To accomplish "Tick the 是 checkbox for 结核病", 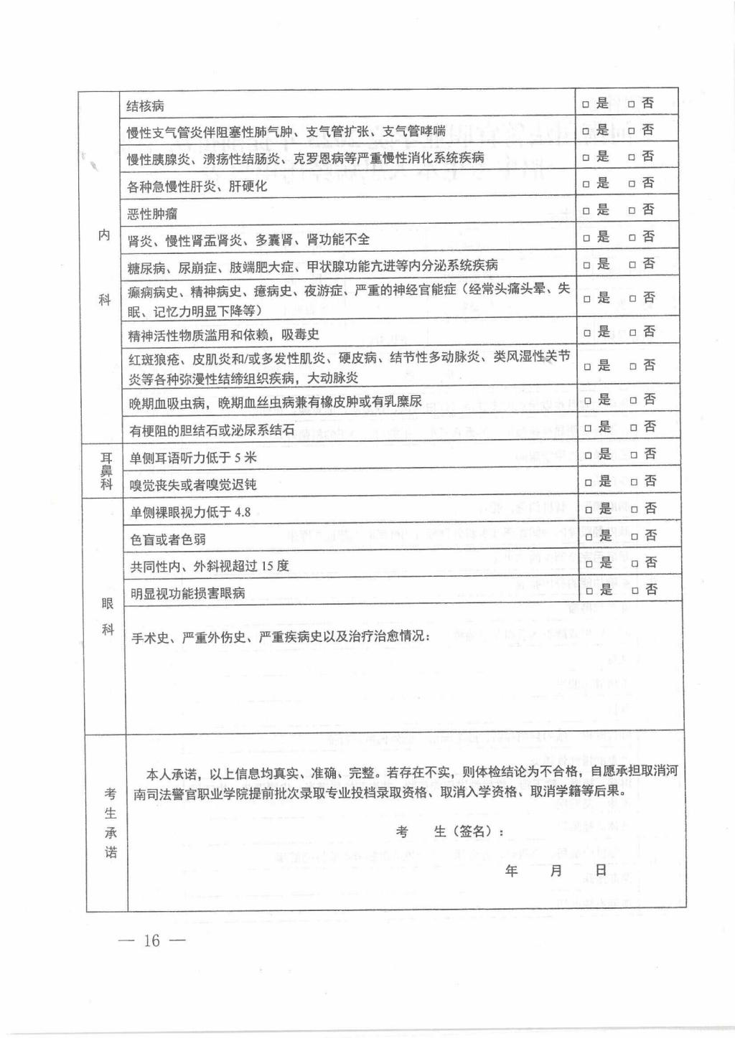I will (x=585, y=105).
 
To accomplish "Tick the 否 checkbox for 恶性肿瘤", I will (x=632, y=211).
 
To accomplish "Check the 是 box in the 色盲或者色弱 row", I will (x=589, y=537).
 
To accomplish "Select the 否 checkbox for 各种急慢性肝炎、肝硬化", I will (x=632, y=184).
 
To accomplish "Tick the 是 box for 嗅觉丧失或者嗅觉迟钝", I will (x=589, y=482).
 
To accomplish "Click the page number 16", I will (x=151, y=940).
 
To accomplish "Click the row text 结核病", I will (x=145, y=106).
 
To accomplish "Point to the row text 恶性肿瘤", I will (x=152, y=214).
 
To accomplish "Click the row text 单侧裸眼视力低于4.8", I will (x=190, y=512).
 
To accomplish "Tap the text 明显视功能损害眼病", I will (x=187, y=593).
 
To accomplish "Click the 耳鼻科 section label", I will (x=106, y=471).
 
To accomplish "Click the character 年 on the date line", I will (x=512, y=871).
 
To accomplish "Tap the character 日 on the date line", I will (x=601, y=870).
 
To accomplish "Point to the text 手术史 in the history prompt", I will (x=150, y=636).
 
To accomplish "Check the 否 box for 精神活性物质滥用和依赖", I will (x=632, y=333).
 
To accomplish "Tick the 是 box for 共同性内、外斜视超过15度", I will (x=589, y=564).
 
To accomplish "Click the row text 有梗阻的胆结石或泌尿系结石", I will (x=212, y=430).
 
